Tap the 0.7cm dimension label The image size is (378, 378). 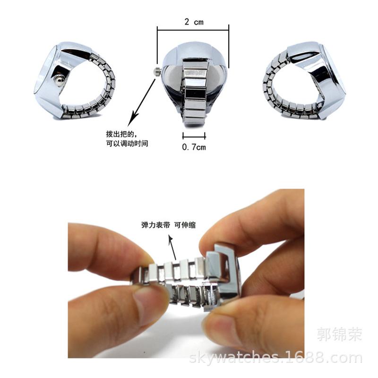(194, 147)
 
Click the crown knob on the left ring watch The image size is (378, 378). (59, 81)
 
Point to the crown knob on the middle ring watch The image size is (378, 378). (156, 71)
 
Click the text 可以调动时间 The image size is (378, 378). (127, 143)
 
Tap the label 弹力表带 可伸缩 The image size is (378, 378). (168, 225)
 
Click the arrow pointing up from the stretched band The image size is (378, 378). (173, 245)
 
